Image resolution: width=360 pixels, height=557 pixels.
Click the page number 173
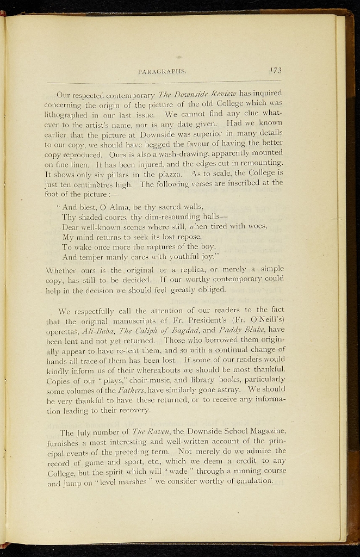(x=276, y=70)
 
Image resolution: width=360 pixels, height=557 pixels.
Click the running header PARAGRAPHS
(x=163, y=71)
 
